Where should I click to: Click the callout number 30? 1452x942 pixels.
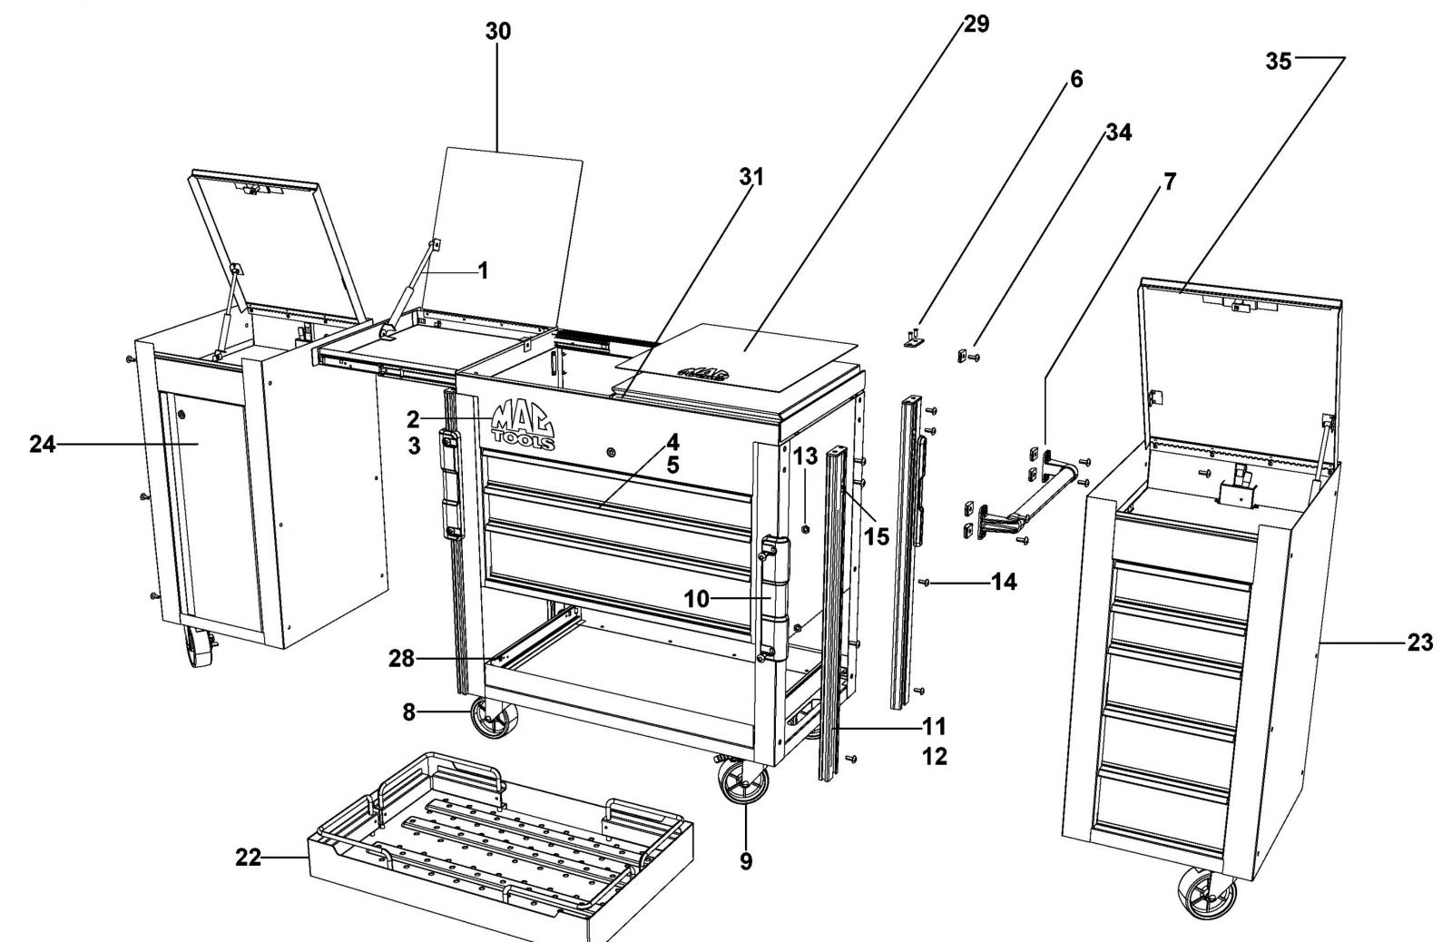498,31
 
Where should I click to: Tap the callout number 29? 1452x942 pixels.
976,24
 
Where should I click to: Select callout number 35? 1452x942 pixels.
1279,62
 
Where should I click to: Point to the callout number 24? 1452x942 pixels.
42,444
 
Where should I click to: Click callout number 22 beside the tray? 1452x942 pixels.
248,858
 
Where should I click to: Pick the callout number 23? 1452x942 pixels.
1419,643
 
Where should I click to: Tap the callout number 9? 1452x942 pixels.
746,861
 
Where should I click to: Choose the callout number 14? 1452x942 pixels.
1004,583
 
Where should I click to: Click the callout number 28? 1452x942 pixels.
401,659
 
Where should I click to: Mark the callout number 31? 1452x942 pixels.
752,176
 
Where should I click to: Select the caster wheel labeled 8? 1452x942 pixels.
493,718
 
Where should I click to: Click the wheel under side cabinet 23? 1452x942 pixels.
1207,892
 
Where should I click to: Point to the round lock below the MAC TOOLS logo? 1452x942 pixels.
612,451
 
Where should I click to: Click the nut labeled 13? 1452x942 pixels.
805,528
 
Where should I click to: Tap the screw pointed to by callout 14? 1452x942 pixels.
925,583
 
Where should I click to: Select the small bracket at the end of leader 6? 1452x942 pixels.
914,339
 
